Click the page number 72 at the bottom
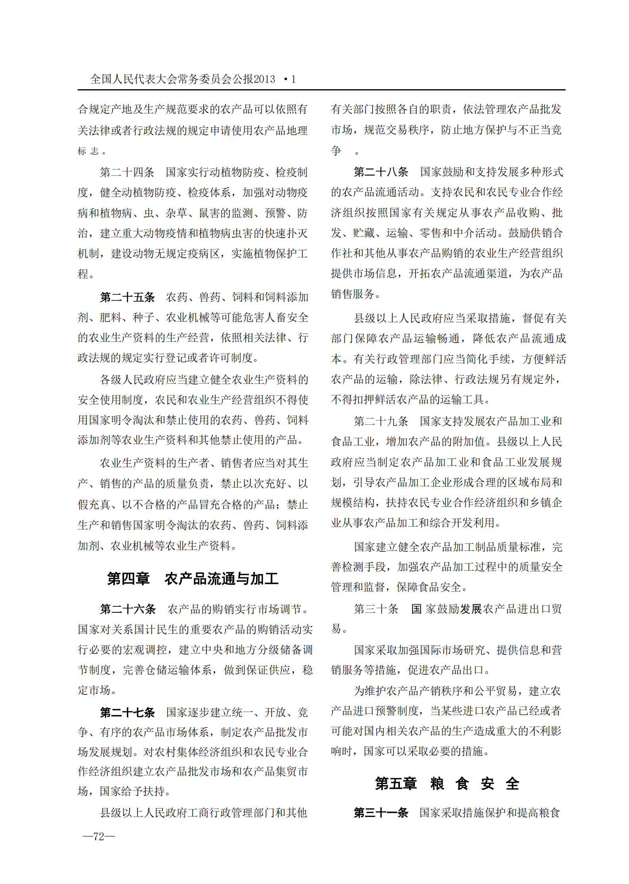[x=99, y=836]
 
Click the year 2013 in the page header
[x=264, y=79]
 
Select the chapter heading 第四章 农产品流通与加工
[x=193, y=579]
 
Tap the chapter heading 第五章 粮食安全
[x=447, y=784]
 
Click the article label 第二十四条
[x=127, y=172]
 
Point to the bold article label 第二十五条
[x=127, y=297]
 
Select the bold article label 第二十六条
[x=128, y=609]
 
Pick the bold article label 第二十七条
[x=127, y=712]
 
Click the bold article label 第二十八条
[x=381, y=172]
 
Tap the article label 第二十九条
[x=381, y=421]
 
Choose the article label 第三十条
[x=376, y=609]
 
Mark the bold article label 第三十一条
[x=381, y=813]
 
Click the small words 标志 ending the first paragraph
[x=88, y=151]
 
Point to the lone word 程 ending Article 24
[x=83, y=274]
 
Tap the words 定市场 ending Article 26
[x=94, y=690]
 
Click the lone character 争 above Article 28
[x=336, y=151]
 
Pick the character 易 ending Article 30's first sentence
[x=336, y=629]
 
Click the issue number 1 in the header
[x=293, y=79]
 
